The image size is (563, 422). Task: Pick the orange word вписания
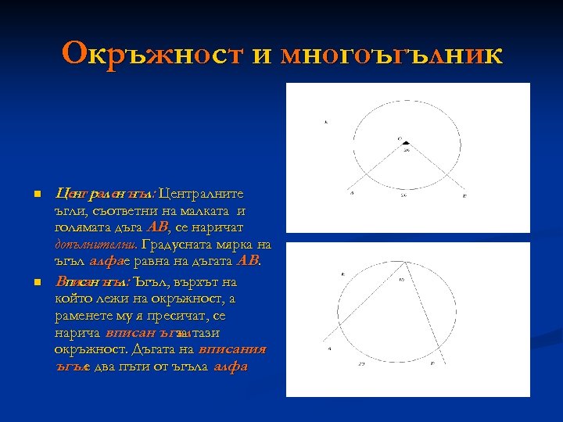233,349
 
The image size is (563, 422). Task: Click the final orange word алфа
231,367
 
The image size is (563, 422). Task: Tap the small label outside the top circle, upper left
325,122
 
